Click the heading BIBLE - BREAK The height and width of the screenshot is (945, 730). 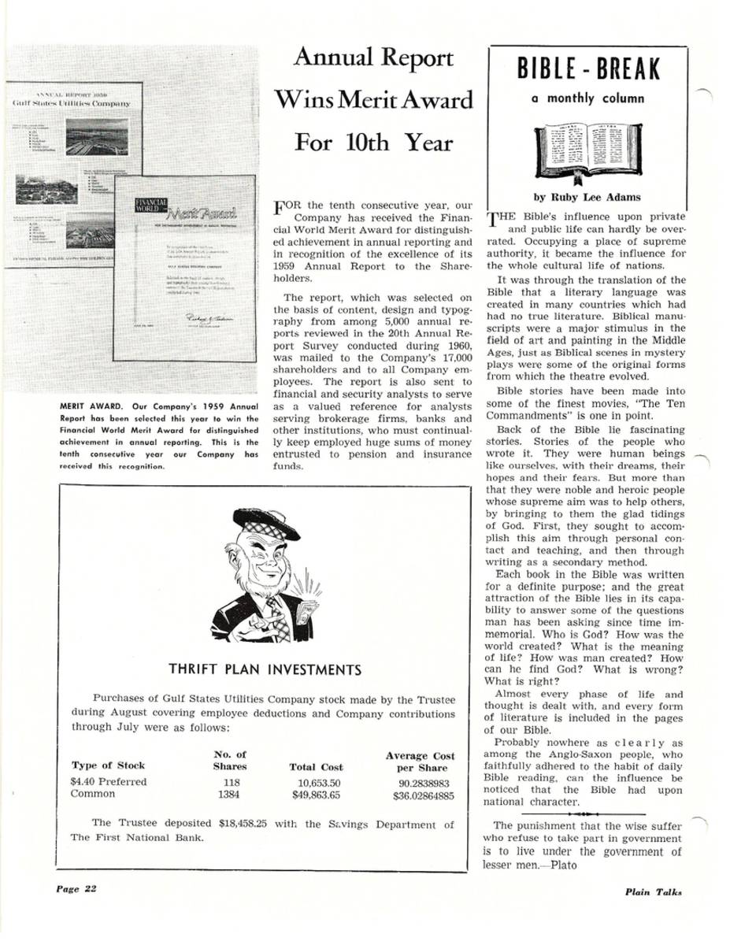[x=588, y=70]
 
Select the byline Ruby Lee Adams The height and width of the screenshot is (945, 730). [x=588, y=198]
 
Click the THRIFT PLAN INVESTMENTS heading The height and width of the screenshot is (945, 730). [x=265, y=670]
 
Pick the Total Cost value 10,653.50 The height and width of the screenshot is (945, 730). [x=319, y=783]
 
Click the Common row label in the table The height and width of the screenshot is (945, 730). [x=94, y=795]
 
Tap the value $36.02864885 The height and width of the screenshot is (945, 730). [x=424, y=796]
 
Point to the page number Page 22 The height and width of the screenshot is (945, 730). [x=76, y=888]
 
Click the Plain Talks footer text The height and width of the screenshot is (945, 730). [x=653, y=892]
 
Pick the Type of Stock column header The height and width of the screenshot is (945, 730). [x=108, y=765]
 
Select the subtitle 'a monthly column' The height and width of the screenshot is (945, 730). [x=588, y=99]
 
